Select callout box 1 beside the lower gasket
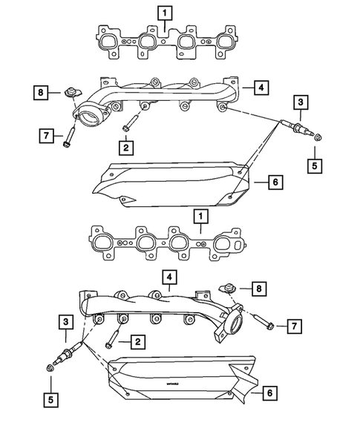click(198, 216)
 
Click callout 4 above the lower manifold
click(170, 278)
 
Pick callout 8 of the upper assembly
click(42, 93)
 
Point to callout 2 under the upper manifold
click(126, 148)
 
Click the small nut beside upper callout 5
click(317, 137)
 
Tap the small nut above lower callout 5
click(50, 367)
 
